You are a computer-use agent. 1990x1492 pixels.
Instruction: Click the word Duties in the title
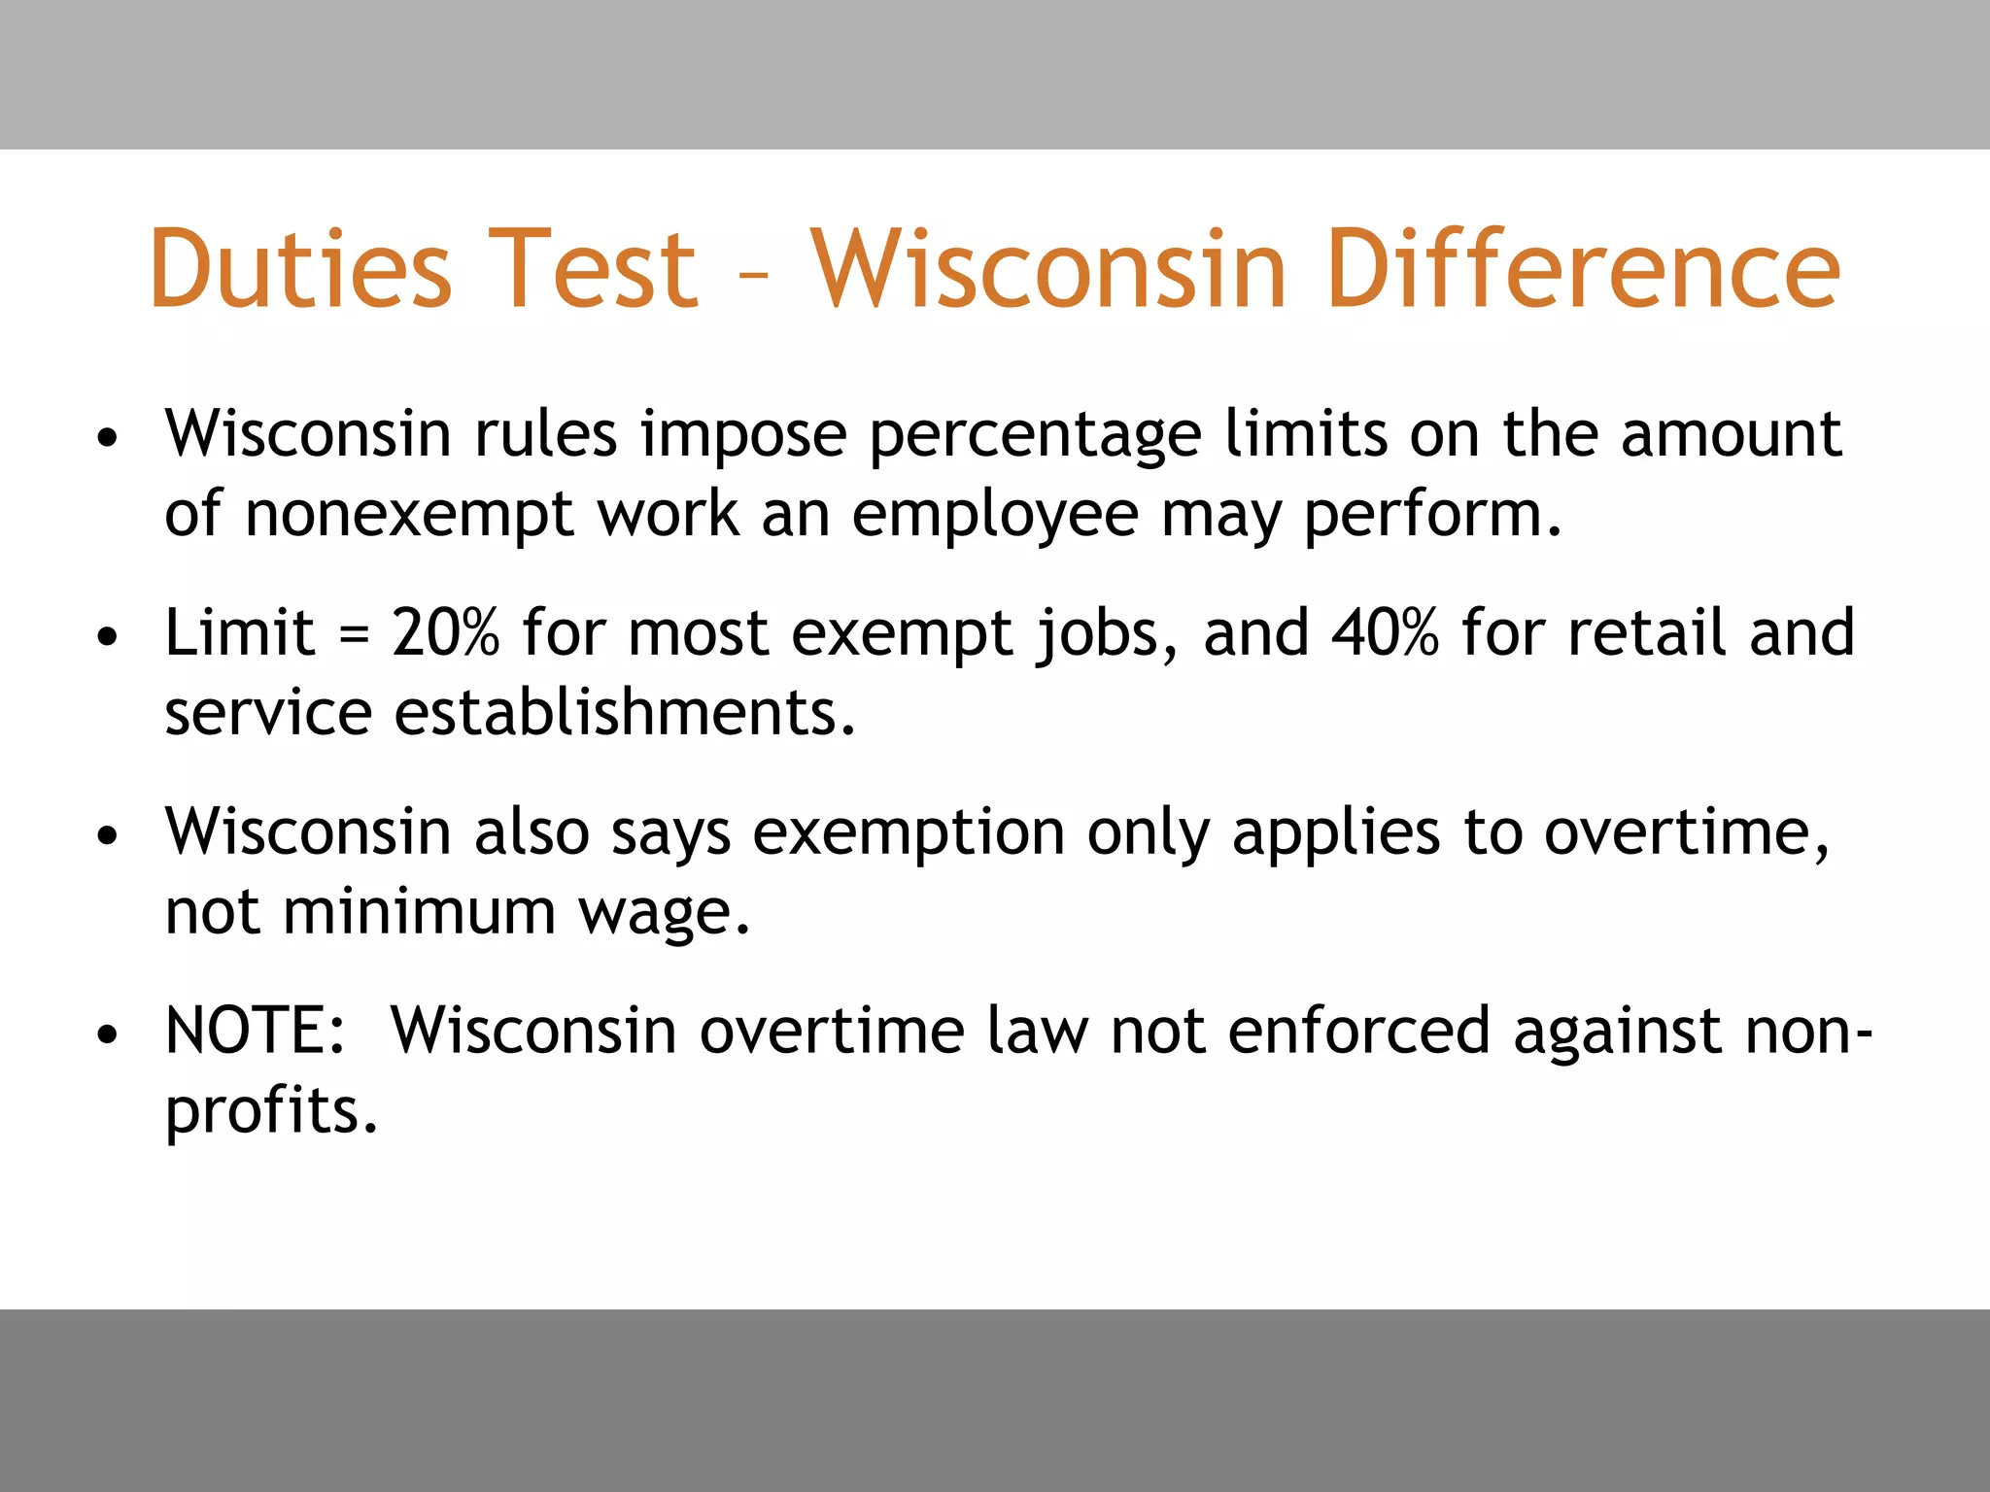(x=300, y=269)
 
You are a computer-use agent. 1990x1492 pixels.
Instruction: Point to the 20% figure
(x=445, y=632)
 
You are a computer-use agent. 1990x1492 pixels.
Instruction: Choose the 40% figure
(x=1385, y=632)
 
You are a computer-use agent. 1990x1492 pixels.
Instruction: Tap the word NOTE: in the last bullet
(x=256, y=1031)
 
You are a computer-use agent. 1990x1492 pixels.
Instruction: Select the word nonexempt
(x=409, y=515)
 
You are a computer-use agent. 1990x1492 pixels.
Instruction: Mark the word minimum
(x=420, y=912)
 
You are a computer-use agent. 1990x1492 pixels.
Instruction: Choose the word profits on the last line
(x=269, y=1111)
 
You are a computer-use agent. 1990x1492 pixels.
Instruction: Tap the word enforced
(x=1358, y=1031)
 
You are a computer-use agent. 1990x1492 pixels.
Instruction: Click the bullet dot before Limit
(x=108, y=637)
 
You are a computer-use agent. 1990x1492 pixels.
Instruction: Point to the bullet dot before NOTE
(x=108, y=1035)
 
